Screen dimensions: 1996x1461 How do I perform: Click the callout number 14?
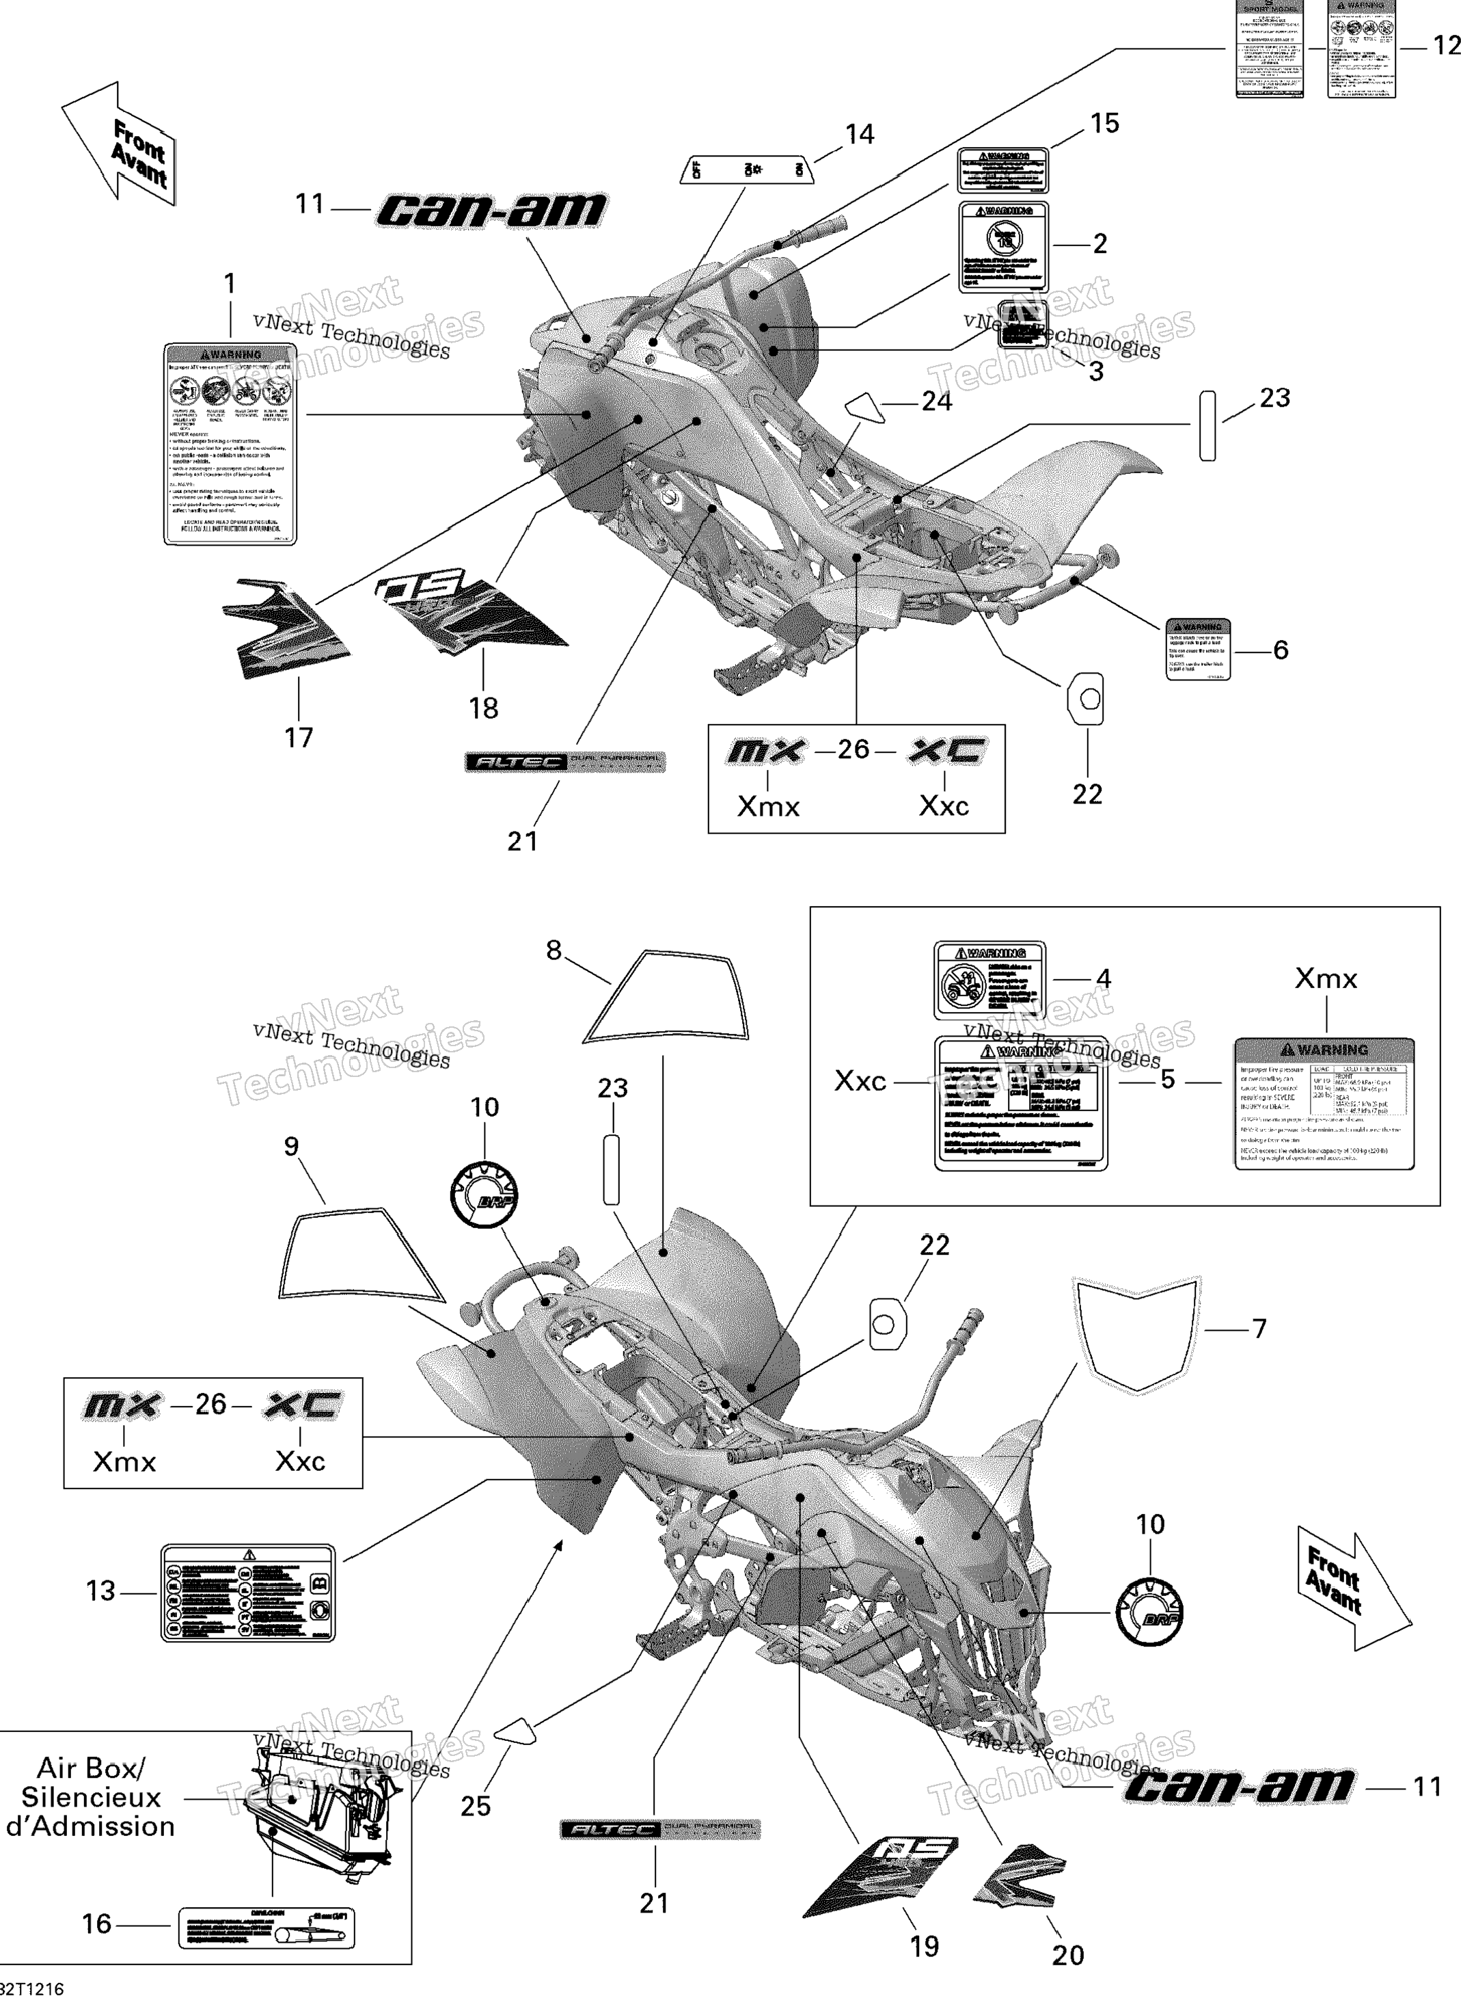[x=860, y=135]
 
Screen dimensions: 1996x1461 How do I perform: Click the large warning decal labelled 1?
[x=230, y=444]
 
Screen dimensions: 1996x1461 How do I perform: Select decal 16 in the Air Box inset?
[x=267, y=1927]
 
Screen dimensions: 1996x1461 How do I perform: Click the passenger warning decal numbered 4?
[x=989, y=981]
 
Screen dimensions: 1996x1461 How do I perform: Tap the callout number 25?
[x=475, y=1806]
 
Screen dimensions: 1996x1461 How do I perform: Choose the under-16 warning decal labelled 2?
[x=1004, y=247]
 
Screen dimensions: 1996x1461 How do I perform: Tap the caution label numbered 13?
[x=247, y=1593]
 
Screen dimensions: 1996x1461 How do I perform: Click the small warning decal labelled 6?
[x=1197, y=648]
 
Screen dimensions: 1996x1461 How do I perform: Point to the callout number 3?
[x=1096, y=371]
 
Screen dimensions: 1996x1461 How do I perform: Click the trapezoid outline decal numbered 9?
[x=361, y=1256]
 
